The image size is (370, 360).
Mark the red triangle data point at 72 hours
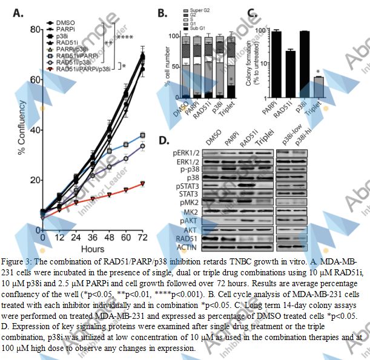[x=142, y=183]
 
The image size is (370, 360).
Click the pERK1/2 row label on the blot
[x=185, y=155]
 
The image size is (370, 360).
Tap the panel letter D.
[x=163, y=140]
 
